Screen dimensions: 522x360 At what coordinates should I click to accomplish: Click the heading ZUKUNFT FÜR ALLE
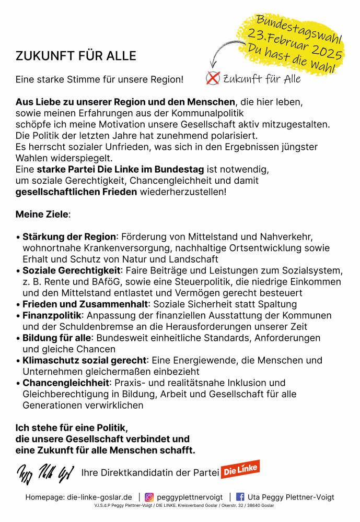click(76, 56)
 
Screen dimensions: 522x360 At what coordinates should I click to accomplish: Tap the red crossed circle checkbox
click(213, 78)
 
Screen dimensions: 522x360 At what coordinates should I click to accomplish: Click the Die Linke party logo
click(240, 470)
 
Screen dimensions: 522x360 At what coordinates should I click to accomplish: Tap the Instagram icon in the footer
click(149, 497)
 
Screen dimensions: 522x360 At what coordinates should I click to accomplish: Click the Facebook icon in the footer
click(240, 497)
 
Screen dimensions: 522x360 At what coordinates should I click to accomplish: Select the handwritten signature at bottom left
click(45, 473)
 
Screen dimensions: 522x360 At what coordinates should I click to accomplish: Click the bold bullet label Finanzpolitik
click(52, 316)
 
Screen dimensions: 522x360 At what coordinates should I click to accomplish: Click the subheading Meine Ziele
click(42, 214)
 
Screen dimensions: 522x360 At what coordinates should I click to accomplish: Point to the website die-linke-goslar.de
click(99, 497)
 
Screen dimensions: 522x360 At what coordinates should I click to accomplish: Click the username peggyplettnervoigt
click(190, 497)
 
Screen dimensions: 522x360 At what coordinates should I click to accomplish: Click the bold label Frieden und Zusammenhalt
click(85, 304)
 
